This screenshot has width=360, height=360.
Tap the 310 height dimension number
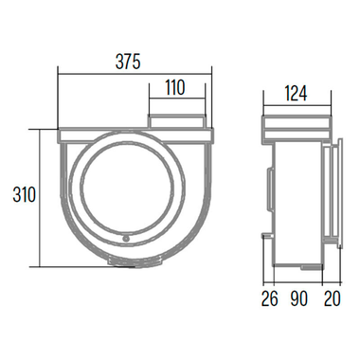(x=24, y=196)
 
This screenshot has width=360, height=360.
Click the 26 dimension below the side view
(x=269, y=299)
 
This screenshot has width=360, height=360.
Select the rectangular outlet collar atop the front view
(x=177, y=118)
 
